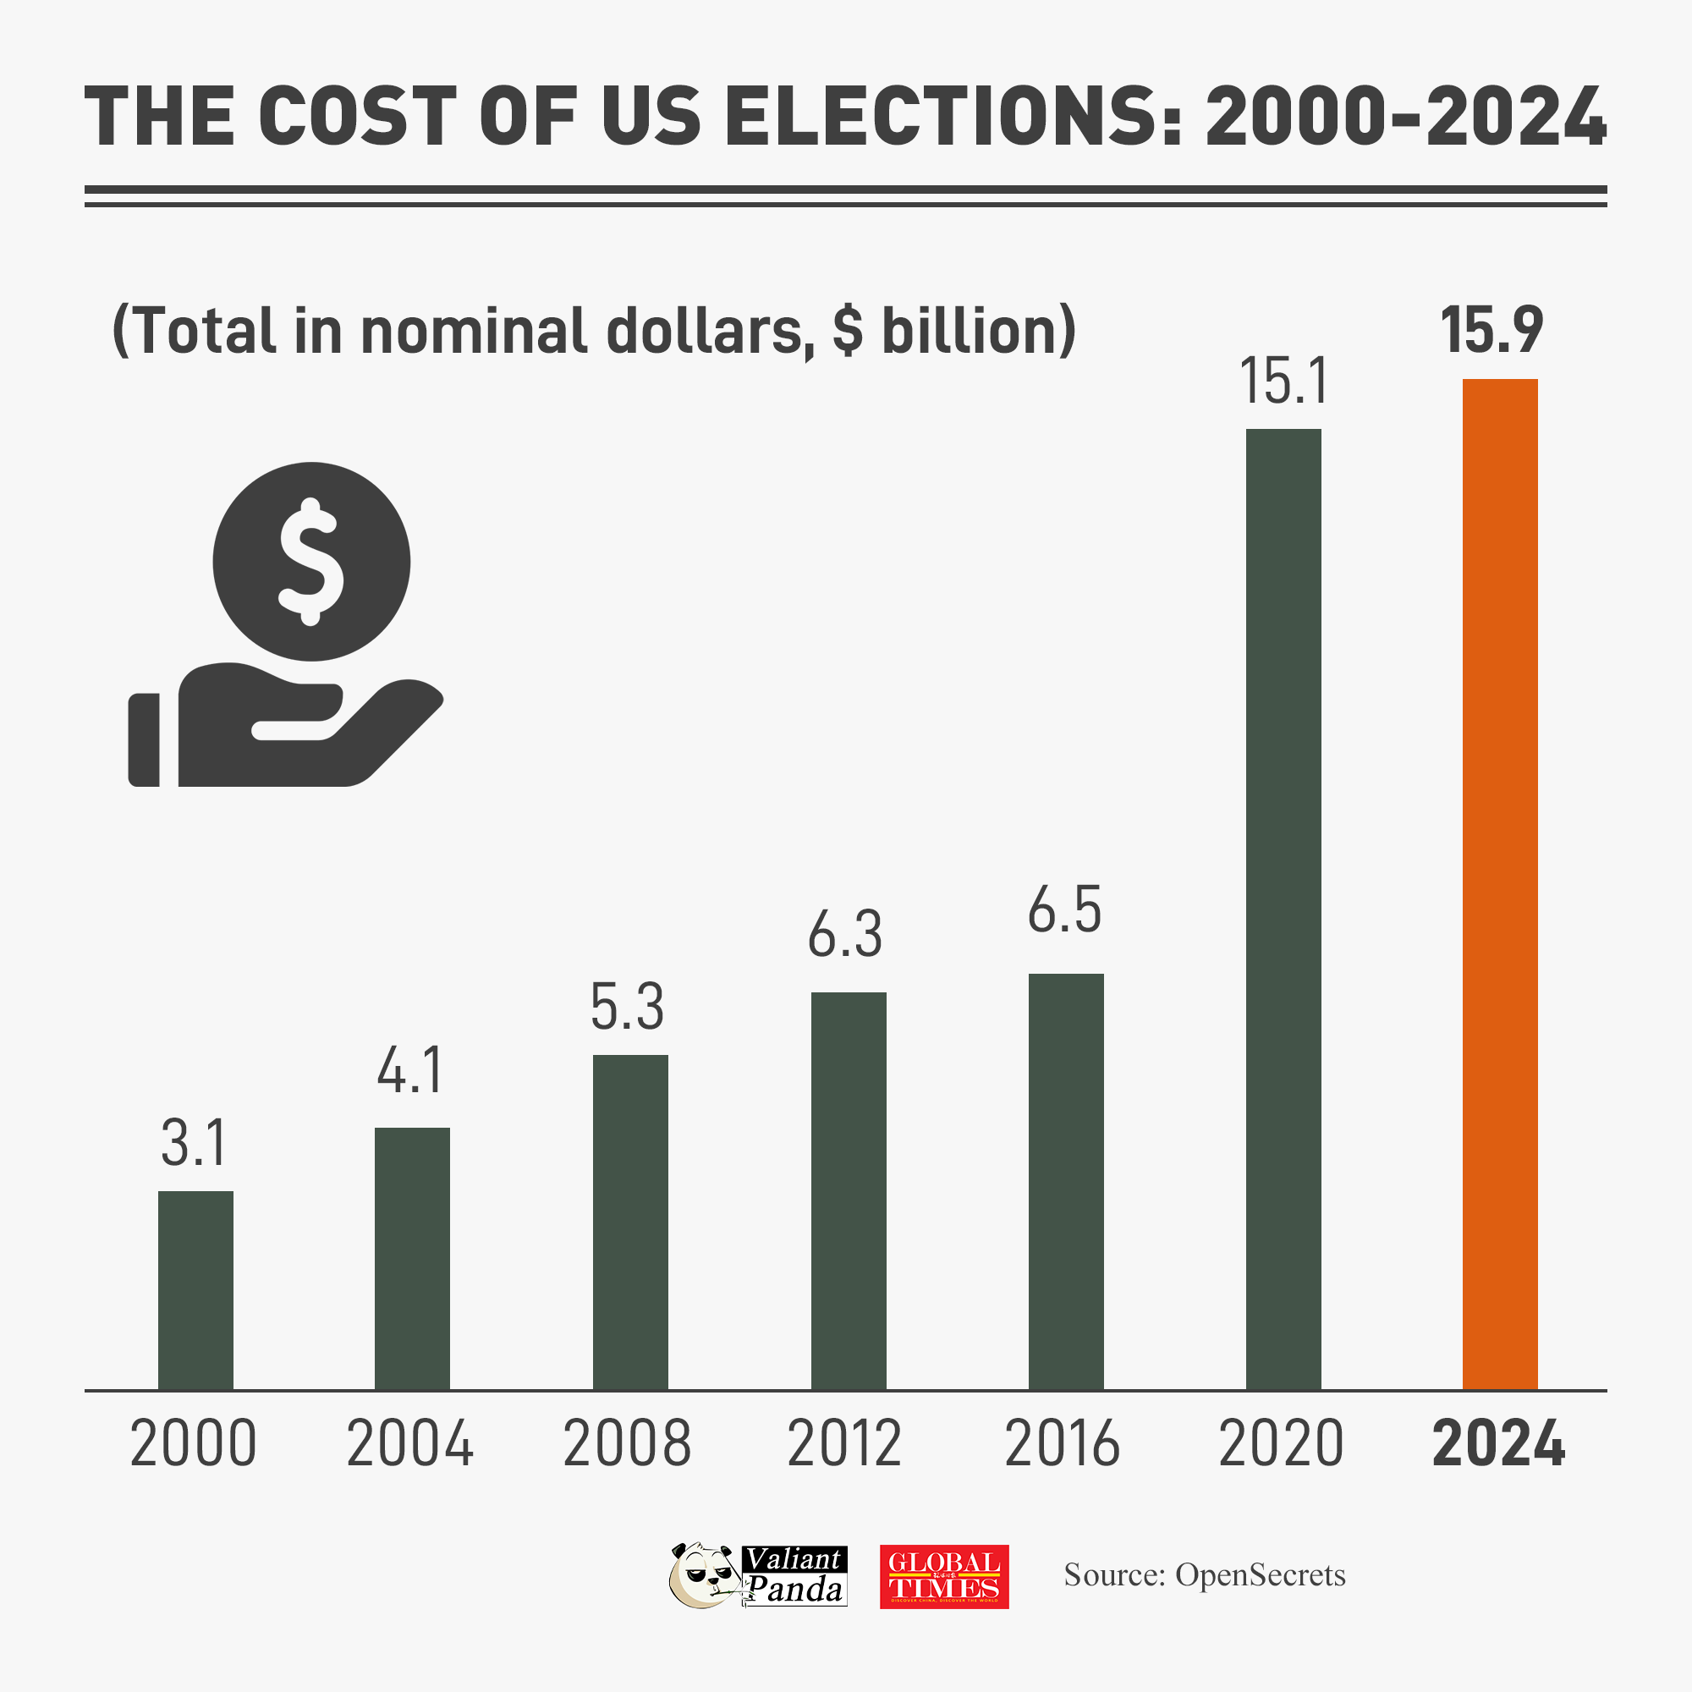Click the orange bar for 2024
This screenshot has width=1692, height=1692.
1499,885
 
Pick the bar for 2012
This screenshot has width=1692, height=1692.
848,1191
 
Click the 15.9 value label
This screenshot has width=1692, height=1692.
1491,331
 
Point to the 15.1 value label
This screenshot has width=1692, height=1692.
1284,382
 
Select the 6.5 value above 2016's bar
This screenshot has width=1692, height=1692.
1064,910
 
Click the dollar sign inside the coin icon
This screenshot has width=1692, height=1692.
310,562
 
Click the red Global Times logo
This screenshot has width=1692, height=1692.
944,1576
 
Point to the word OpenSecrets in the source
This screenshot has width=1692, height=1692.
1260,1575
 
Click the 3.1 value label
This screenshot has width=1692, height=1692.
195,1144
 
